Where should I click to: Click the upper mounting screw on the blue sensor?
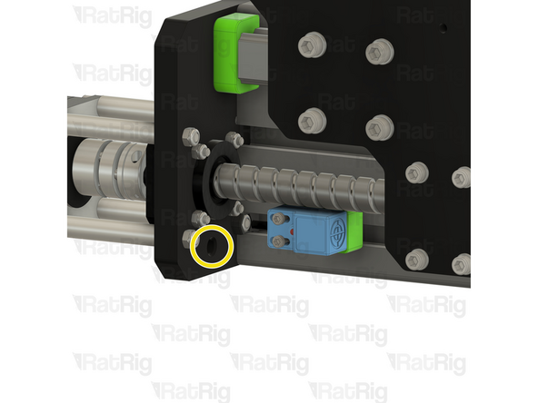point(276,218)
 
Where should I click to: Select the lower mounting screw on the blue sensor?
point(275,241)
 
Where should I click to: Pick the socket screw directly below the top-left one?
point(310,119)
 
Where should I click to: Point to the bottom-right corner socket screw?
point(460,264)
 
